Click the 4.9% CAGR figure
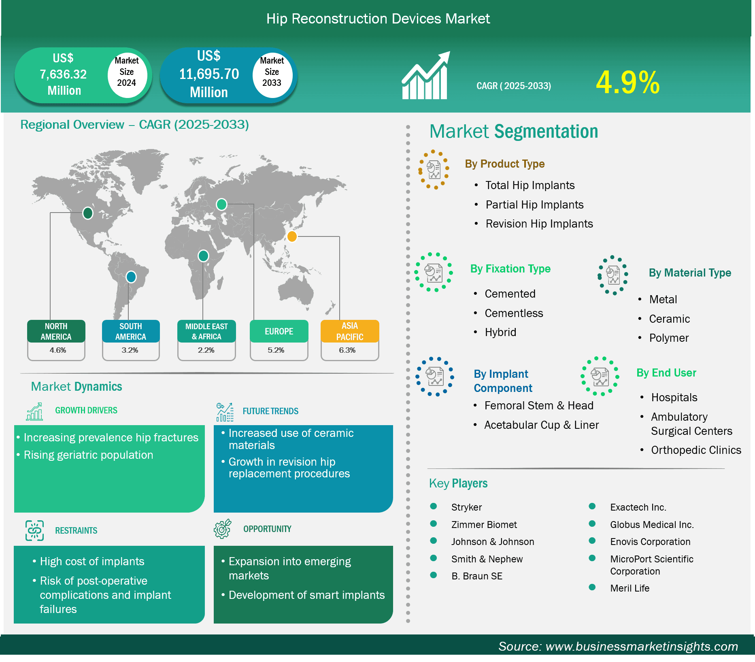(x=627, y=83)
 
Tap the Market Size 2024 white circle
(x=127, y=72)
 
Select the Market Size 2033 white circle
(x=272, y=72)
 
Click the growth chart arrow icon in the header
(x=425, y=75)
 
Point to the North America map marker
(x=88, y=213)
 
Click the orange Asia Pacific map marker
(x=292, y=236)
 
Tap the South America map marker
(x=131, y=277)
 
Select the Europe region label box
(x=279, y=331)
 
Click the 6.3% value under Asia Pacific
(x=347, y=350)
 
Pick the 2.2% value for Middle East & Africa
(x=206, y=350)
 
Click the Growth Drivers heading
(x=86, y=411)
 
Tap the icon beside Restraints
(x=35, y=530)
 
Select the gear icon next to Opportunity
(x=223, y=529)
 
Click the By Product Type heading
(x=505, y=164)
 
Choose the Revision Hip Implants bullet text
(x=539, y=224)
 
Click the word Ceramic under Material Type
(x=670, y=319)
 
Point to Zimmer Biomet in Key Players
(x=484, y=525)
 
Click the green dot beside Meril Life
(x=592, y=587)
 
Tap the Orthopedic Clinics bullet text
(x=696, y=450)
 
